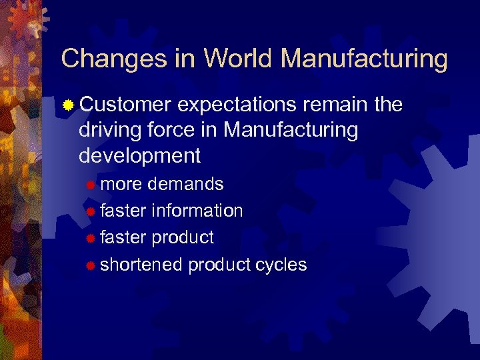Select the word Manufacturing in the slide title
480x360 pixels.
[x=364, y=59]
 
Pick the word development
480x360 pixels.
[x=139, y=155]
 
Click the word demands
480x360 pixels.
[x=185, y=183]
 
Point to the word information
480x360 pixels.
[x=197, y=211]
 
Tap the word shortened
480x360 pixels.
[x=141, y=265]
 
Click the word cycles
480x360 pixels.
[x=281, y=265]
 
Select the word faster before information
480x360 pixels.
[x=123, y=211]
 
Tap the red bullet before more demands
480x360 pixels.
[x=91, y=184]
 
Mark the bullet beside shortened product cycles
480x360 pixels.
[x=91, y=265]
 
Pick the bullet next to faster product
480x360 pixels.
[x=91, y=238]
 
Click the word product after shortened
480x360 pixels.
[x=219, y=265]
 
